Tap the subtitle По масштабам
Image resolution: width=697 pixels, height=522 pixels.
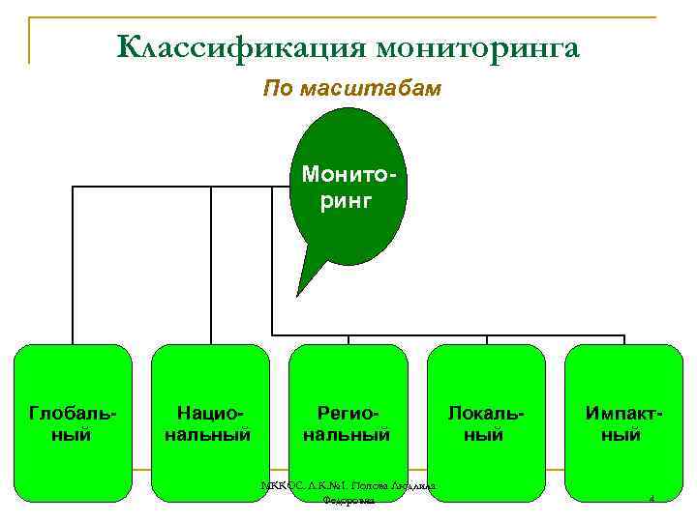coord(352,90)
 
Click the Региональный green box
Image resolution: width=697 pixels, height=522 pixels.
coord(348,387)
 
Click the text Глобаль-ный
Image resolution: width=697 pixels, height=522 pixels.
coord(73,423)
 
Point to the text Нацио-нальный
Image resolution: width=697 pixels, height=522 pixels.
coord(210,423)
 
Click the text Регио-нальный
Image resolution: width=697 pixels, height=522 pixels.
coord(348,423)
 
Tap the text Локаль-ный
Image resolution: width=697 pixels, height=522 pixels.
coord(486,423)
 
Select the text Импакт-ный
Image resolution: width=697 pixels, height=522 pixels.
coord(624,423)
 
